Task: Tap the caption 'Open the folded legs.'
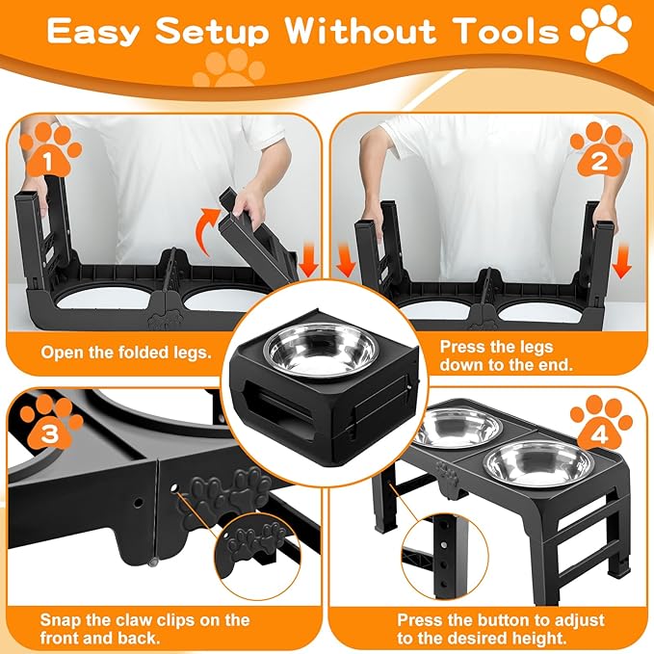(125, 353)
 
